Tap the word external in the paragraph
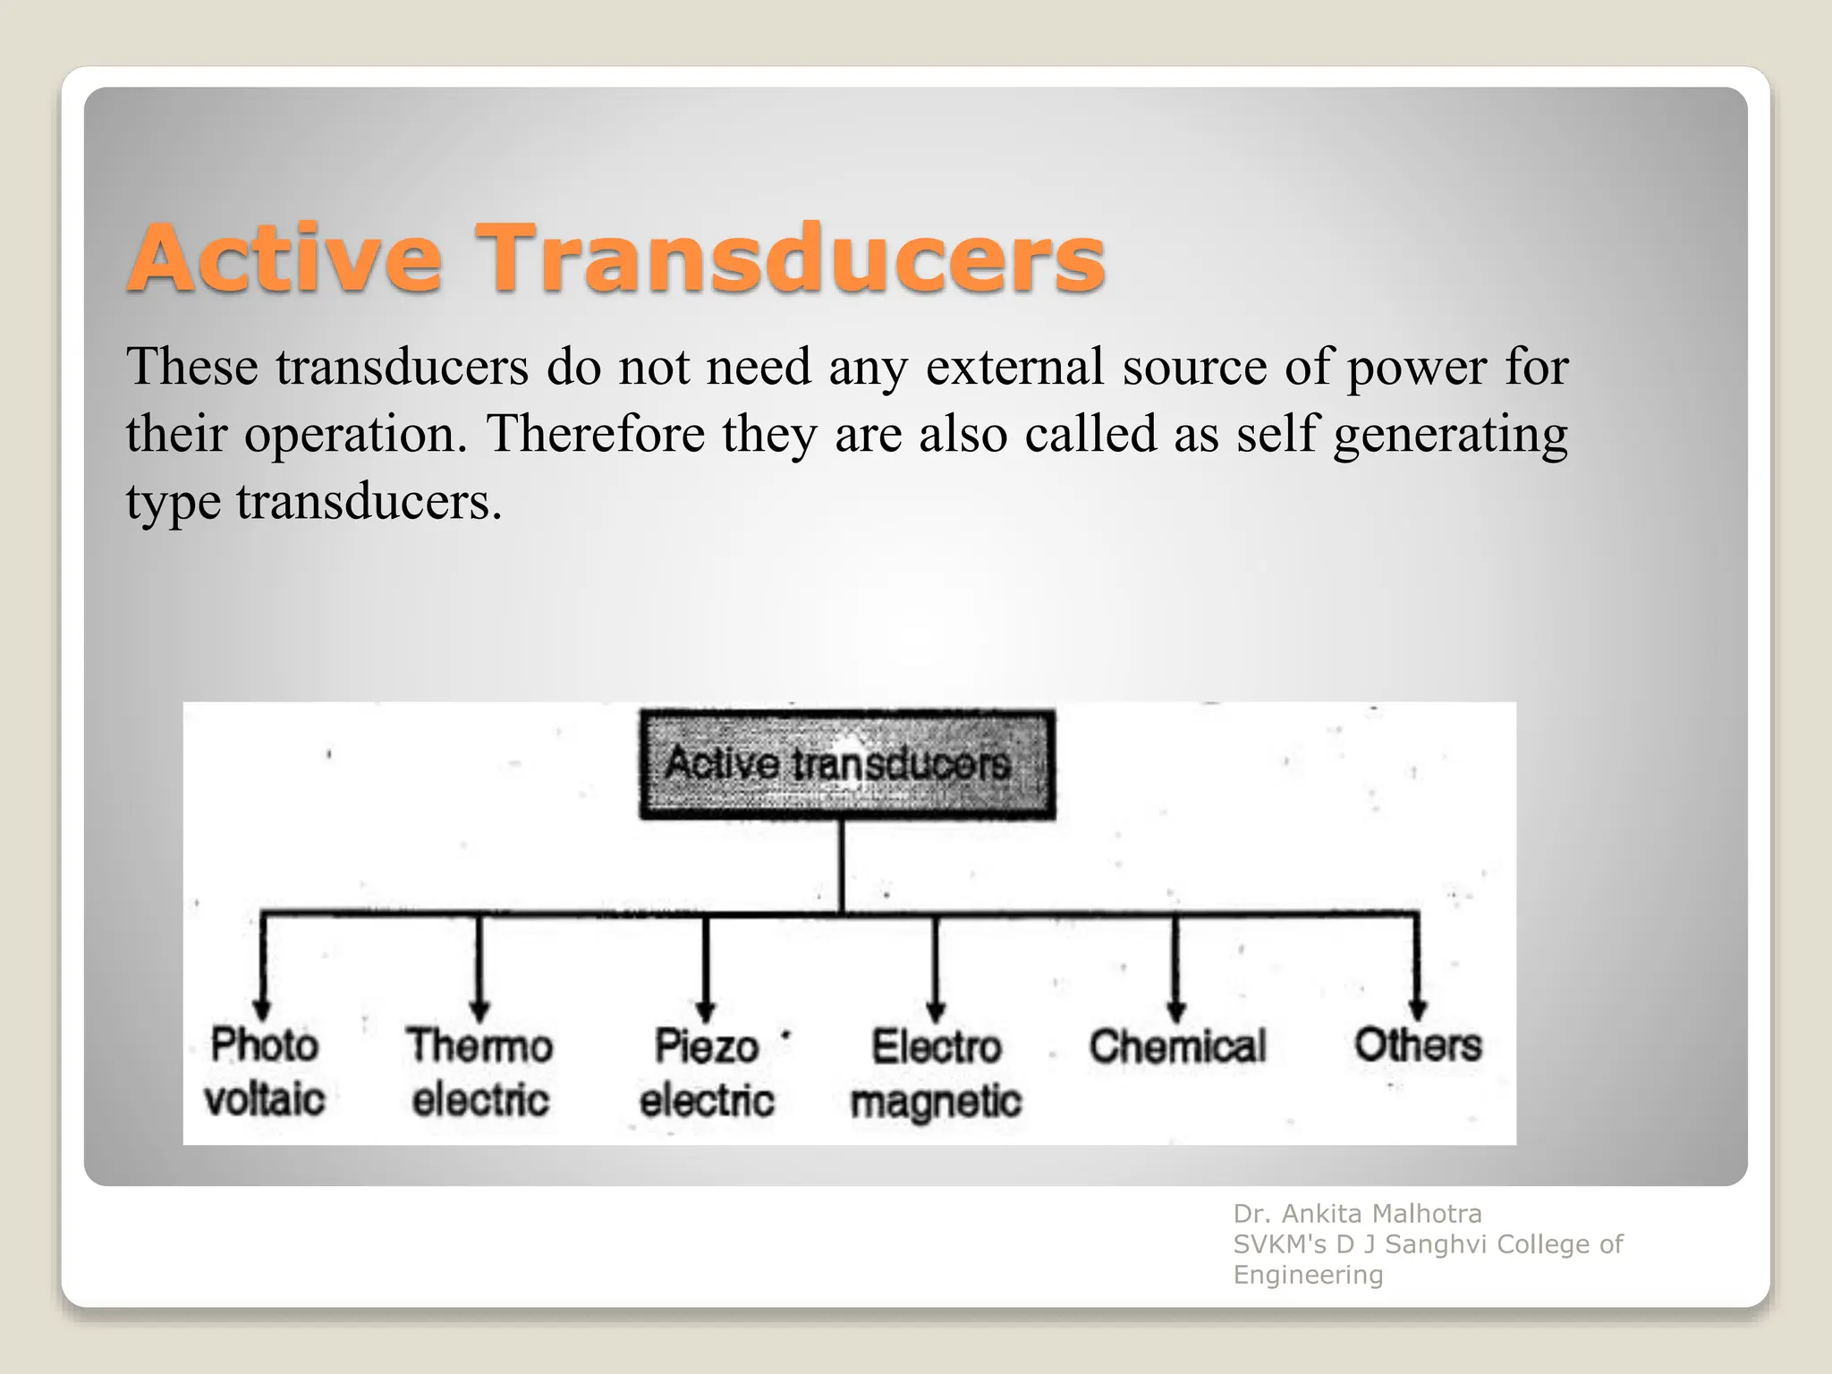pos(1015,367)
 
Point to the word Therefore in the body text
pos(595,434)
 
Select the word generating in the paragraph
pos(1450,436)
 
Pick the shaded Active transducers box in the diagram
pos(846,765)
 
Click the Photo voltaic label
pos(265,1072)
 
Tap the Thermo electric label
pos(480,1073)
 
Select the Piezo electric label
pos(707,1073)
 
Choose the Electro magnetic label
pos(936,1073)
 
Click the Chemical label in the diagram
pos(1177,1047)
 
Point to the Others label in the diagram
pos(1418,1045)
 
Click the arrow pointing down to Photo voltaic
pos(263,966)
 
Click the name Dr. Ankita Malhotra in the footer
pos(1357,1214)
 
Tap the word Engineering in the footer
pos(1308,1275)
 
